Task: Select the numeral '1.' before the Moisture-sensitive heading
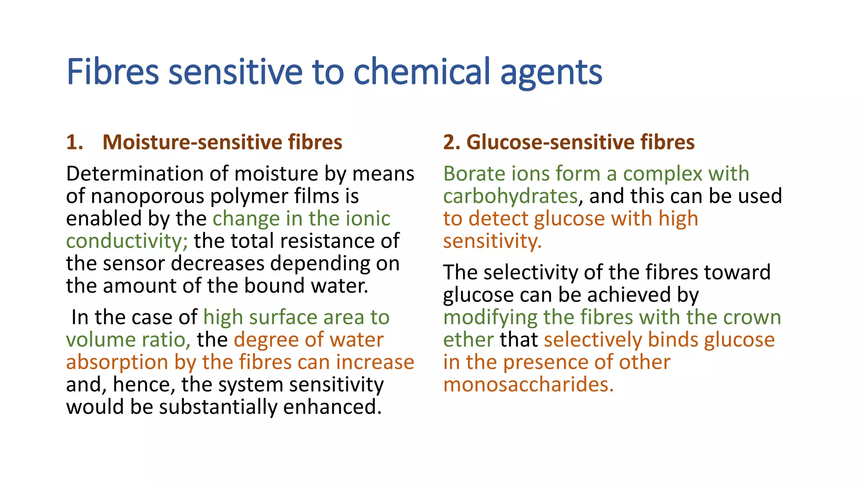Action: point(74,142)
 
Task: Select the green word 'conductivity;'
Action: point(127,241)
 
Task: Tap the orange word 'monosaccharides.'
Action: point(528,385)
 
